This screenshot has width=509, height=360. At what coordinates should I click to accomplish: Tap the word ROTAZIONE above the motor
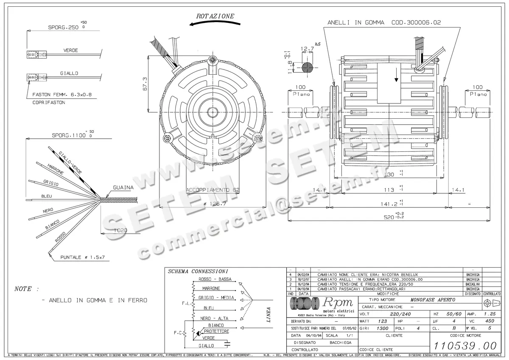point(215,16)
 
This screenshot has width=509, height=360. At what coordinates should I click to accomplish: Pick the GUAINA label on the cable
point(123,187)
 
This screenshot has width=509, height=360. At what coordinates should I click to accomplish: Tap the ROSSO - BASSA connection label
point(215,279)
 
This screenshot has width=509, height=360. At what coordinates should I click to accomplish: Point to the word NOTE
point(23,289)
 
